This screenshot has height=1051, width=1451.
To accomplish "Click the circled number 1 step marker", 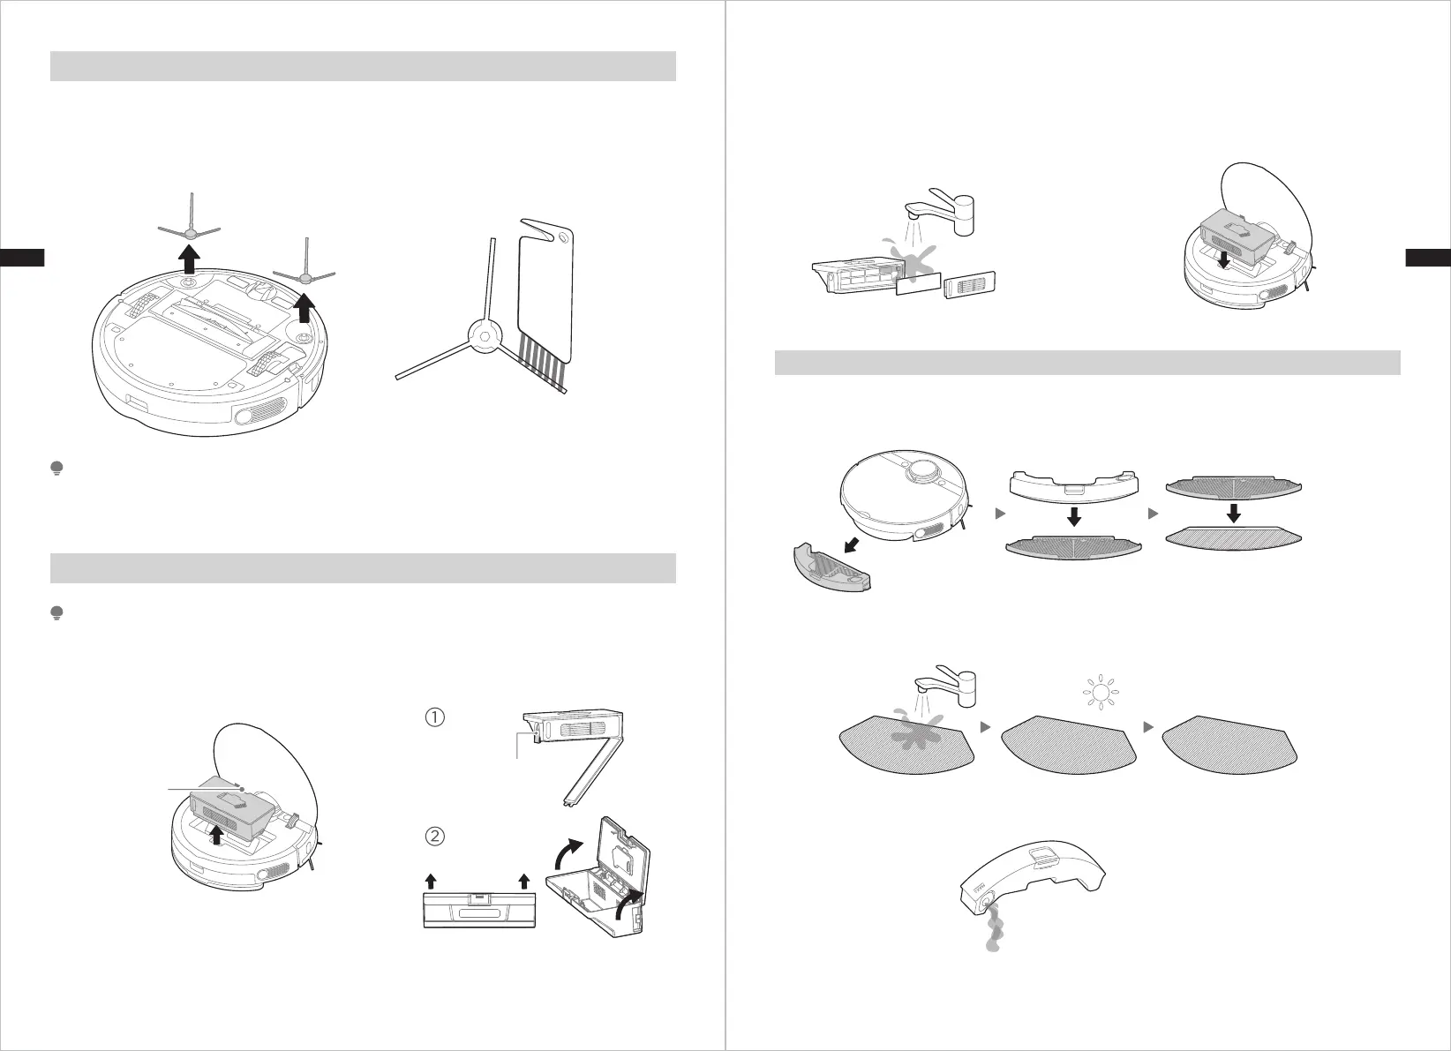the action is tap(434, 717).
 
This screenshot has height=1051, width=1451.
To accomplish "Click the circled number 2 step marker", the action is tap(434, 835).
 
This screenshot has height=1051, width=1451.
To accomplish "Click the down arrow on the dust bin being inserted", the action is tap(1222, 261).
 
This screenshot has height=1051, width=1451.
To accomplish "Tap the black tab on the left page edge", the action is tap(22, 258).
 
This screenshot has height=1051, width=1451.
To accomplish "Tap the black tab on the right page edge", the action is tap(1428, 258).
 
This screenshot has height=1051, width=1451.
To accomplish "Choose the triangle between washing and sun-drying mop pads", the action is tap(985, 727).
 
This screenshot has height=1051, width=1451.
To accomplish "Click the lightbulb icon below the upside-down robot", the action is tap(57, 469).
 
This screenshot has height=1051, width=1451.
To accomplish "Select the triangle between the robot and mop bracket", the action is tap(1001, 513).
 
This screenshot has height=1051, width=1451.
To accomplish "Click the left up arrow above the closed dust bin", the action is tap(431, 881).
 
